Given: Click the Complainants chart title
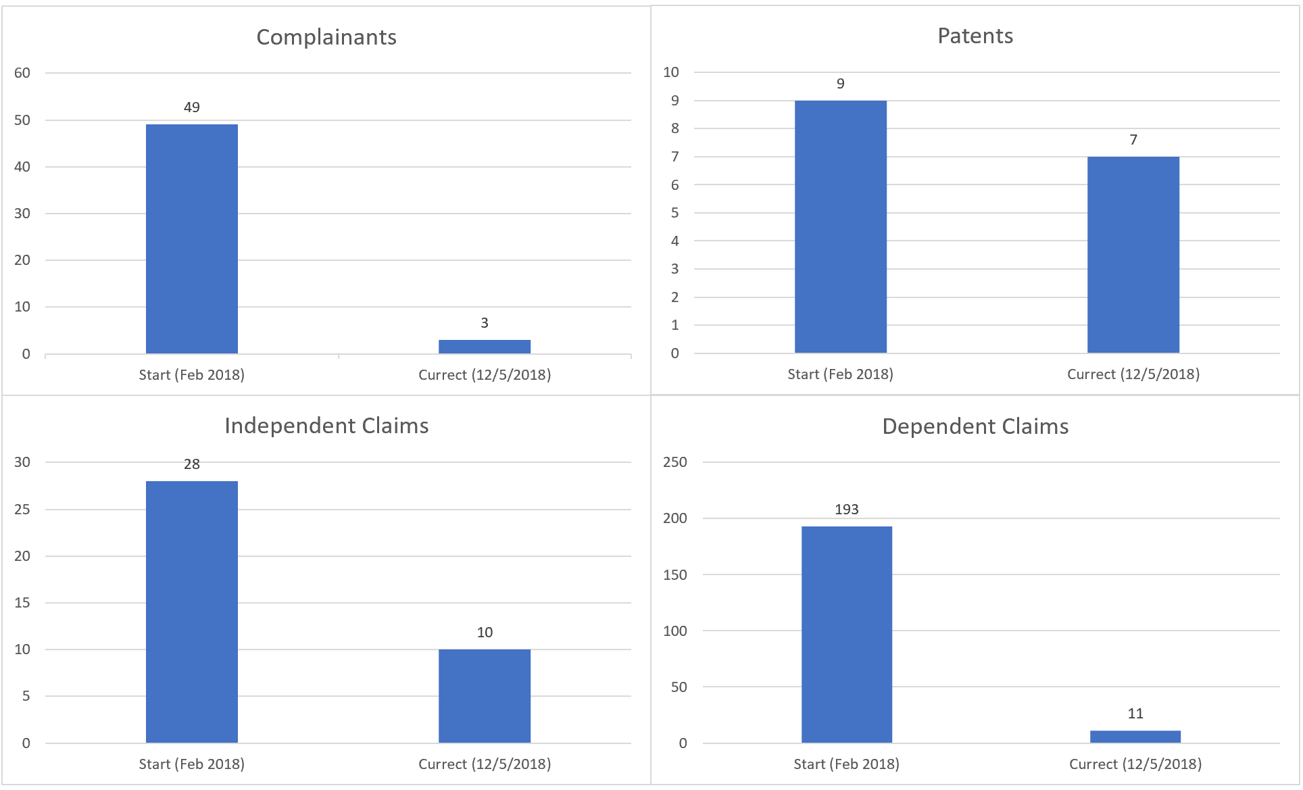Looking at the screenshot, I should pyautogui.click(x=326, y=37).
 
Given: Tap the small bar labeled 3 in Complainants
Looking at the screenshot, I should pyautogui.click(x=485, y=346).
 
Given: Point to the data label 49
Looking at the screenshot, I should pyautogui.click(x=192, y=107).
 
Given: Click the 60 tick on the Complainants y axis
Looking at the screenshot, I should pyautogui.click(x=22, y=73).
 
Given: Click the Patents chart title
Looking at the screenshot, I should pyautogui.click(x=975, y=36).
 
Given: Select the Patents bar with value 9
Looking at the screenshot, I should pyautogui.click(x=840, y=226).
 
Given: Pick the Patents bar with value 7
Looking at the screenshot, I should pyautogui.click(x=1133, y=255).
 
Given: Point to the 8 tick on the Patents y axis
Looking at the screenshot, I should pyautogui.click(x=674, y=128).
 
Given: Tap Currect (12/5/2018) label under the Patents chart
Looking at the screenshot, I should pyautogui.click(x=1133, y=374).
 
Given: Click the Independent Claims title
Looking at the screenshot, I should pyautogui.click(x=326, y=426).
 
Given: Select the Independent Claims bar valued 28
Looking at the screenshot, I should pyautogui.click(x=192, y=612).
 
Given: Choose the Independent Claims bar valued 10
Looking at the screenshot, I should pyautogui.click(x=485, y=696).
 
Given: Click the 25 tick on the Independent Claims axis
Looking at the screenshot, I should pyautogui.click(x=22, y=510).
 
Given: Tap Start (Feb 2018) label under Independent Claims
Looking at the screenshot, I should pyautogui.click(x=192, y=764).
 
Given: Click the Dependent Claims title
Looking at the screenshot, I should pyautogui.click(x=975, y=426).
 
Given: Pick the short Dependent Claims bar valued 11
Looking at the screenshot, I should pyautogui.click(x=1135, y=737).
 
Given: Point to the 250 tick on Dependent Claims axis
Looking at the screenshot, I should pyautogui.click(x=674, y=462).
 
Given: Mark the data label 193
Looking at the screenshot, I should pyautogui.click(x=847, y=510).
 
